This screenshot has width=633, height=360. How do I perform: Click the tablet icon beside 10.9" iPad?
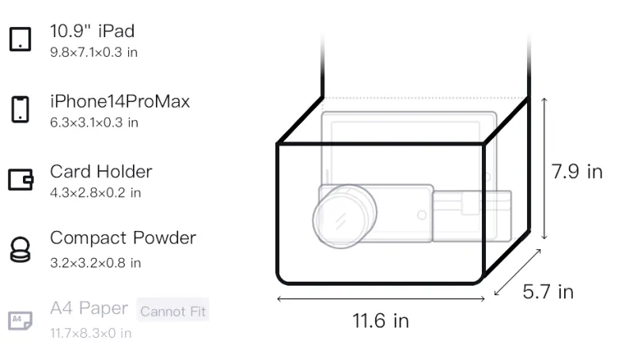[x=21, y=39]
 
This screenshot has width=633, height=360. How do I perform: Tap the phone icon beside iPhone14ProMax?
[x=21, y=109]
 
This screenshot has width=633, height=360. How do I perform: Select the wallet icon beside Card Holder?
[x=21, y=179]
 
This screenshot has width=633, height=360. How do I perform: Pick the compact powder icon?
[x=21, y=249]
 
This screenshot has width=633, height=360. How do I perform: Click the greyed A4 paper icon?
[x=21, y=320]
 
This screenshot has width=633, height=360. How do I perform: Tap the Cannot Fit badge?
[x=172, y=311]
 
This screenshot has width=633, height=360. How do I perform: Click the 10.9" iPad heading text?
[x=92, y=31]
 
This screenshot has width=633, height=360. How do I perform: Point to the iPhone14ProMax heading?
[x=120, y=101]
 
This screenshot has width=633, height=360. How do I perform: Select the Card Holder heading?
[x=101, y=172]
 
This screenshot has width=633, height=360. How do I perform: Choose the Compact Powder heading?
[x=123, y=238]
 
